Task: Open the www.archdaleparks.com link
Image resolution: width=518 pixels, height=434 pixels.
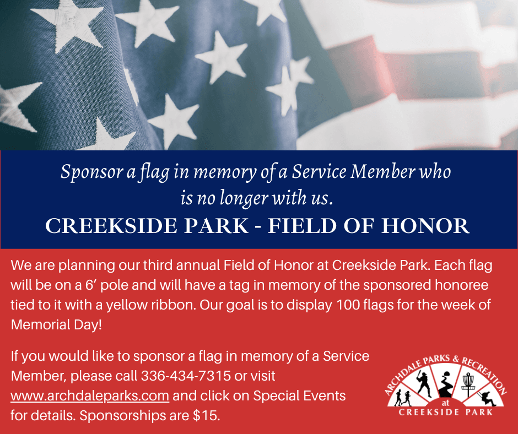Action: [90, 395]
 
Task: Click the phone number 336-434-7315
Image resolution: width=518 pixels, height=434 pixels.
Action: [186, 376]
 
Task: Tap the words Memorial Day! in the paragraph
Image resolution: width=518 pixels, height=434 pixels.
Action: [57, 324]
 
